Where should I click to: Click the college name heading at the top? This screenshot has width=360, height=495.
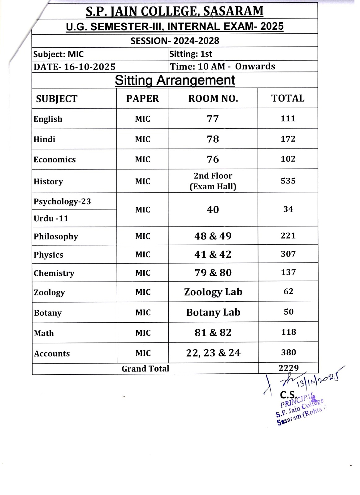point(175,11)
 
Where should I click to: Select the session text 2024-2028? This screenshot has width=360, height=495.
point(175,41)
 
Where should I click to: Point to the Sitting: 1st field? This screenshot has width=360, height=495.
point(191,54)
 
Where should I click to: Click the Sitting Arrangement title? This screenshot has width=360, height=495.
point(175,80)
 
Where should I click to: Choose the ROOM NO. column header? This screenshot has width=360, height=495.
point(213,99)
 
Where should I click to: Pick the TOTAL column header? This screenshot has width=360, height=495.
point(288,98)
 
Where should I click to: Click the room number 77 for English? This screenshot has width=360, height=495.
point(213,119)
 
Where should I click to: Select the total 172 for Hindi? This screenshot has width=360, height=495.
point(288,139)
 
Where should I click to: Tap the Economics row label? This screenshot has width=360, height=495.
point(55,160)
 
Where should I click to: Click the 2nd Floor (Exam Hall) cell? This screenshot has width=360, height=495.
point(213,181)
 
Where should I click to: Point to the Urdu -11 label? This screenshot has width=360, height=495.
point(51,218)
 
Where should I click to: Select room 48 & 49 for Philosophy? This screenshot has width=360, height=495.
point(213,236)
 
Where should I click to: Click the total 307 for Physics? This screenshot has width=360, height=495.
point(288,254)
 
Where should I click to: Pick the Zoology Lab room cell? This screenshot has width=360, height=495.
point(213,292)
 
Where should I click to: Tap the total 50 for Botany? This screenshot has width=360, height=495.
point(288,312)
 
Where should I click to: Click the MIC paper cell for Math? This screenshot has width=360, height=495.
point(143,333)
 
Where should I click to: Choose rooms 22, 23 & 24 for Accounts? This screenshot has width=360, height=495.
point(213,353)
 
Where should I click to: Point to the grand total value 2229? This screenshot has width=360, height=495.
point(288,368)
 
